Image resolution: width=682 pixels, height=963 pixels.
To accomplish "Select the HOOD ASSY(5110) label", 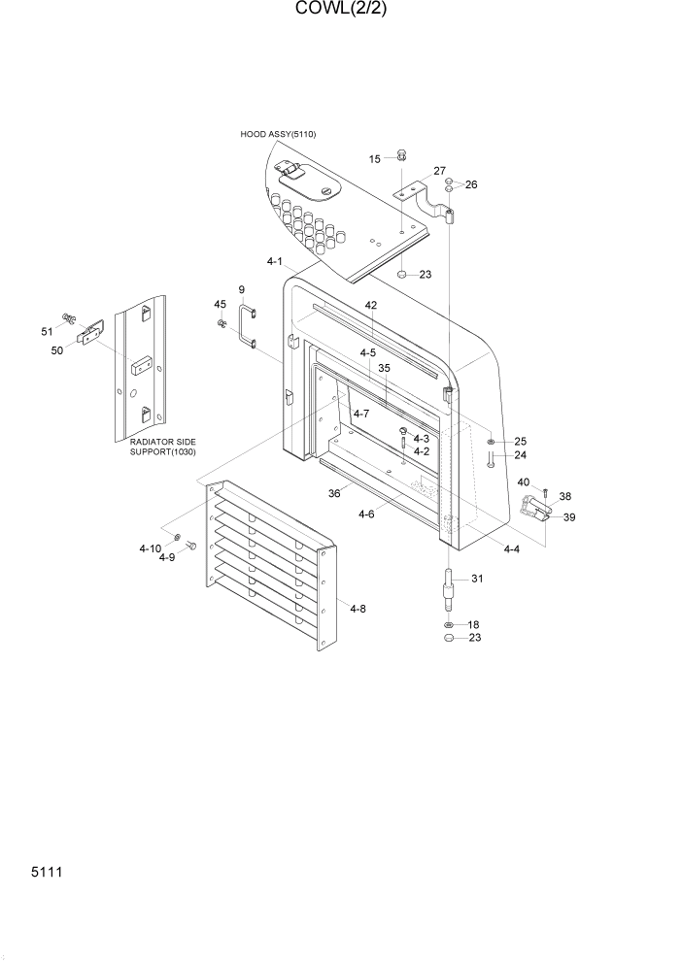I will [x=278, y=134].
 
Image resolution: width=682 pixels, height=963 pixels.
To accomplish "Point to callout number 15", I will [x=374, y=158].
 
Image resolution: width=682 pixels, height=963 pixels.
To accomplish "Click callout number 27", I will [x=440, y=171].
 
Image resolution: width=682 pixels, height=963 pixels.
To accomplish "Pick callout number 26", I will [x=471, y=184].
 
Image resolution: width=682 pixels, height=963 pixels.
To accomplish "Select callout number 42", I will [x=370, y=305].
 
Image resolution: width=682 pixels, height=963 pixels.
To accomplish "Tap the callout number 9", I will [x=241, y=290].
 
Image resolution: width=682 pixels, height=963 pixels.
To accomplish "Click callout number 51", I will [x=47, y=332].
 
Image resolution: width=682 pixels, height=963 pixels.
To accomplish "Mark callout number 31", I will [x=477, y=580].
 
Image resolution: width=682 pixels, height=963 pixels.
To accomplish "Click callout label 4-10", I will [x=150, y=548].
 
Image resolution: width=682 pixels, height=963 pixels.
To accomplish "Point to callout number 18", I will [x=473, y=624].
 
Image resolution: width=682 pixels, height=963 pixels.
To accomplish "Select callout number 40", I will [x=524, y=482].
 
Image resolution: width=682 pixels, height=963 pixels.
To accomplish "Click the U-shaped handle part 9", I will [x=247, y=326].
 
